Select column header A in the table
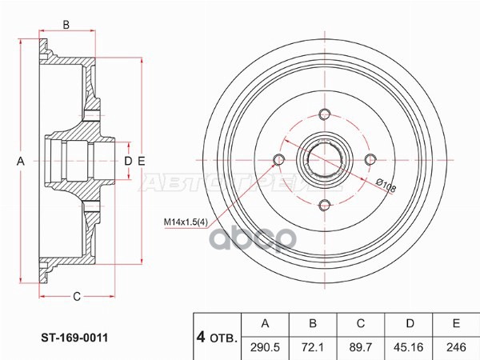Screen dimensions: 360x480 tap(266, 323)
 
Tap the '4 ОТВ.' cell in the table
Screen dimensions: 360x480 tap(217, 336)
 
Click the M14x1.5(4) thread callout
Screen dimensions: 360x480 tap(190, 221)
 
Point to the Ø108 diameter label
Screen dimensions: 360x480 tap(388, 186)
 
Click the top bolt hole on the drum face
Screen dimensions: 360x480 tap(324, 114)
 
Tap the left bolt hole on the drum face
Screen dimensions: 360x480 tap(278, 160)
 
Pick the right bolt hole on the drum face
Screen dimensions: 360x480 tap(370, 160)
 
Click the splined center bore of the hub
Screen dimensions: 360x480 tap(324, 160)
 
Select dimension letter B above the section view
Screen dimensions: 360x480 tap(66, 25)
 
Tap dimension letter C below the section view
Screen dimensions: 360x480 tap(77, 298)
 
